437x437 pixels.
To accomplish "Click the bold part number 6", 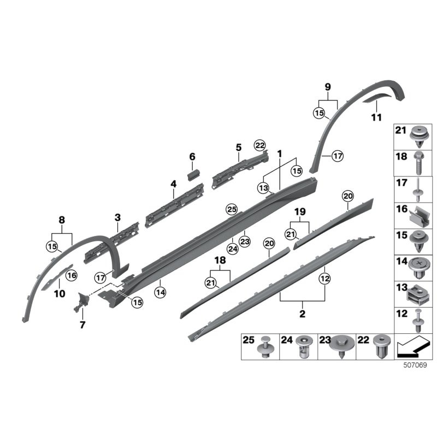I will click(x=192, y=157).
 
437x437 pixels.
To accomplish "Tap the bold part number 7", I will click(x=82, y=325).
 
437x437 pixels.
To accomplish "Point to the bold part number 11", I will click(x=376, y=117).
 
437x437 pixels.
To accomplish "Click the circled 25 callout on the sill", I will click(x=232, y=209).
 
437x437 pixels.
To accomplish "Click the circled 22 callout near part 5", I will click(x=259, y=145).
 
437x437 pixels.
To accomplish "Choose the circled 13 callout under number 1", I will click(x=264, y=188).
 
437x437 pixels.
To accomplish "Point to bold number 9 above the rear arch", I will click(x=328, y=86).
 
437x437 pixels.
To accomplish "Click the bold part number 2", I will click(x=302, y=315).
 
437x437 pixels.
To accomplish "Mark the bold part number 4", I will click(x=173, y=184).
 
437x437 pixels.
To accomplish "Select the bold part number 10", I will click(x=60, y=293).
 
